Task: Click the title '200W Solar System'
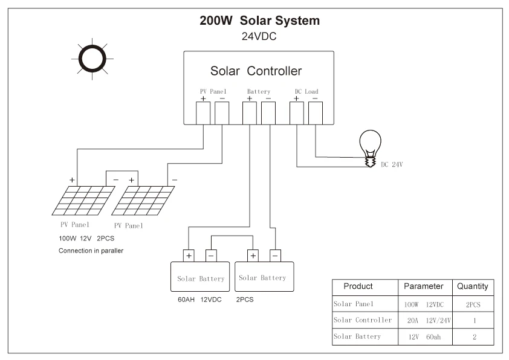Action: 260,21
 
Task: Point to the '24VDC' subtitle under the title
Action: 260,36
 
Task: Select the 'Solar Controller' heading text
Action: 256,71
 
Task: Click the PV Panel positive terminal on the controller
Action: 204,112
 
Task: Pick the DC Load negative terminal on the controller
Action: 315,112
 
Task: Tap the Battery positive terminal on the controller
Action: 249,112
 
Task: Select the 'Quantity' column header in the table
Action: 473,286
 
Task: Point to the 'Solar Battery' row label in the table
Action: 357,336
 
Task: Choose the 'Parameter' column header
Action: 424,286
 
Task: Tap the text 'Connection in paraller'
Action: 91,250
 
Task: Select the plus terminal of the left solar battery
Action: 189,256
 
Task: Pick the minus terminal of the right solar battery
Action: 275,256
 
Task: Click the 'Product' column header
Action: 358,286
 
